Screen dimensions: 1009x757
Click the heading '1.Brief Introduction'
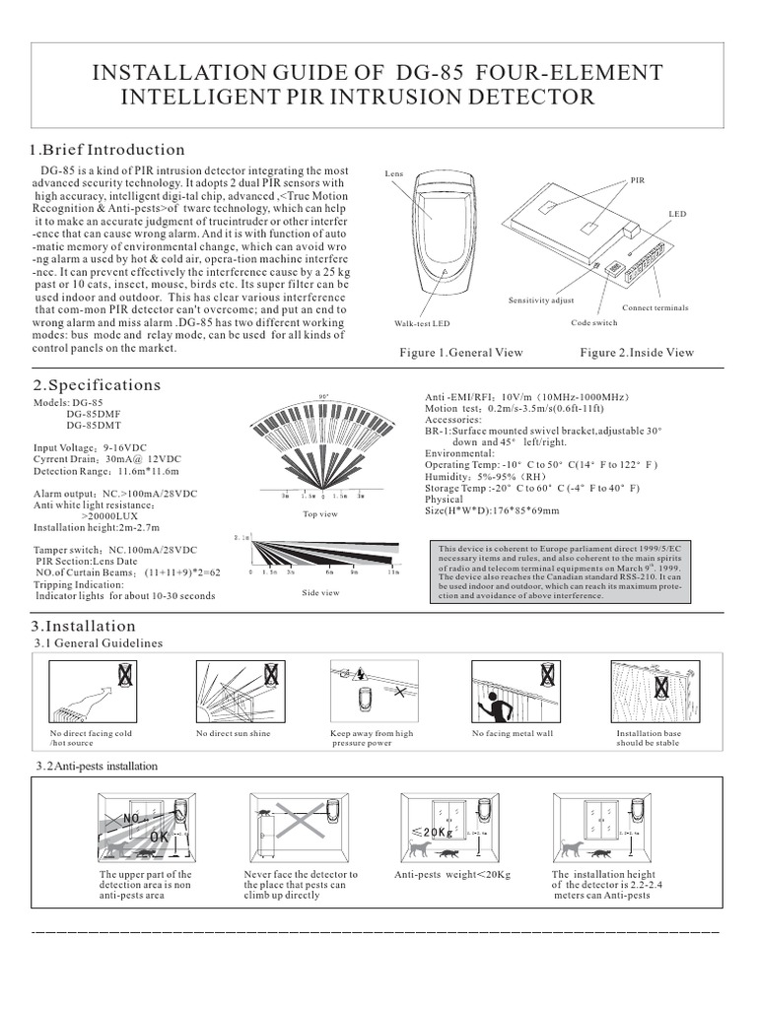[106, 150]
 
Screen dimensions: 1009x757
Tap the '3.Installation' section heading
[83, 626]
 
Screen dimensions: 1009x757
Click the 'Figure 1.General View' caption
[460, 353]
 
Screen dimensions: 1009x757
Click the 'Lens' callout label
[393, 174]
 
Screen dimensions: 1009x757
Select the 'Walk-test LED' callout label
[422, 323]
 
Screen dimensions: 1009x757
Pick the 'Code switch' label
[594, 323]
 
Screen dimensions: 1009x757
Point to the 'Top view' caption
[320, 514]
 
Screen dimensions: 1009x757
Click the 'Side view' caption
[320, 592]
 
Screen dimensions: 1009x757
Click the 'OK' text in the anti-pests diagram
[159, 836]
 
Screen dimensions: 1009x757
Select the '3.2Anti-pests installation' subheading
[96, 766]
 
